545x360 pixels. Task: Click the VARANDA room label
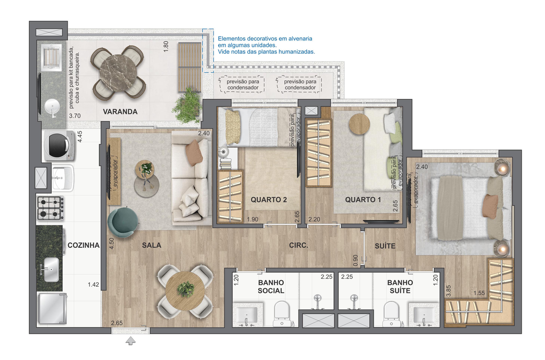pyautogui.click(x=120, y=112)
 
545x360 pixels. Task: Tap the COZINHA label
pyautogui.click(x=84, y=246)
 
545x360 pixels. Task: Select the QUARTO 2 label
pyautogui.click(x=269, y=199)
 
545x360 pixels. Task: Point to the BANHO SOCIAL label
pyautogui.click(x=271, y=287)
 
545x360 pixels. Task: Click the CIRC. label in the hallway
pyautogui.click(x=299, y=246)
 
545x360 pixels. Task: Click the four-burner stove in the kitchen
pyautogui.click(x=51, y=208)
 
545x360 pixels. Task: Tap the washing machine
pyautogui.click(x=60, y=145)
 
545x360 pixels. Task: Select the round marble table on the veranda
pyautogui.click(x=118, y=72)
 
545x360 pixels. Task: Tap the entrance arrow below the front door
pyautogui.click(x=130, y=341)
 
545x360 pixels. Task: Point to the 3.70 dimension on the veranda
pyautogui.click(x=75, y=116)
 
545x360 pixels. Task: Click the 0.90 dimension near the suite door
pyautogui.click(x=355, y=260)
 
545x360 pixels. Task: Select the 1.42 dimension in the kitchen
pyautogui.click(x=94, y=284)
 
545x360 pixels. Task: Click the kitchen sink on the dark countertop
pyautogui.click(x=51, y=270)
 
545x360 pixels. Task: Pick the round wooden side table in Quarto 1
pyautogui.click(x=359, y=123)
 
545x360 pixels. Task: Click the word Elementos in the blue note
pyautogui.click(x=230, y=38)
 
